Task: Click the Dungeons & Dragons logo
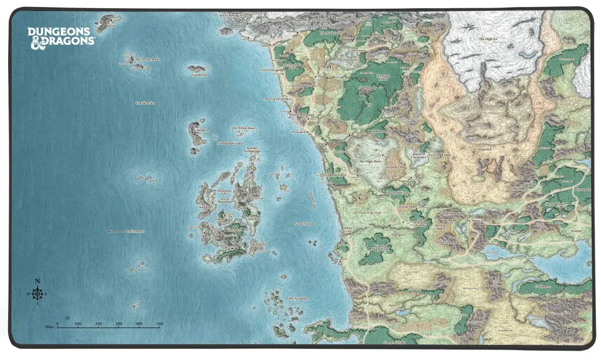click(60, 36)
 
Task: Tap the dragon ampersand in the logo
click(36, 42)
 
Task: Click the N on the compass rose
click(38, 282)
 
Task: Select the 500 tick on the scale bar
click(159, 323)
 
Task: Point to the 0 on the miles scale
click(57, 323)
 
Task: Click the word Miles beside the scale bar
click(49, 327)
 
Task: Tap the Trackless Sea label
click(145, 103)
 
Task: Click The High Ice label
click(488, 39)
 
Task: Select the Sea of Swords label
click(304, 223)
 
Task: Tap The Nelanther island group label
click(298, 298)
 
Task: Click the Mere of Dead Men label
click(276, 99)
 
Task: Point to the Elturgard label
click(398, 234)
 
